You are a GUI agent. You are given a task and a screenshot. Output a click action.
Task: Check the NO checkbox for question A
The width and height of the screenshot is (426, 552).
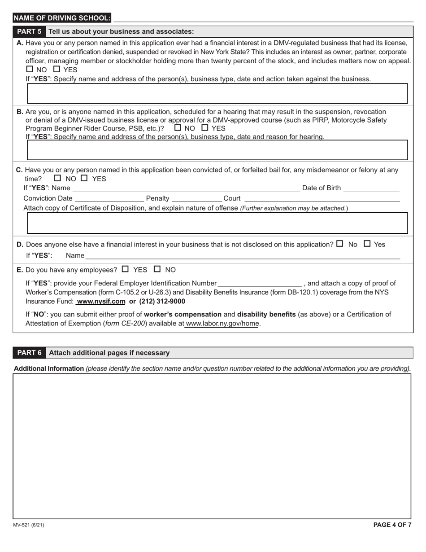(x=30, y=70)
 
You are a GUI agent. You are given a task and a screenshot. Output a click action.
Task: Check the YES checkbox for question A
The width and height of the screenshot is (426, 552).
(x=57, y=70)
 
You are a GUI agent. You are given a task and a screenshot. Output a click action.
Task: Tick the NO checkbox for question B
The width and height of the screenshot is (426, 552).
(x=178, y=127)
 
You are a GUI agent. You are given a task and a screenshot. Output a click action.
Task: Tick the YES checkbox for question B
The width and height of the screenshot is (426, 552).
(x=205, y=127)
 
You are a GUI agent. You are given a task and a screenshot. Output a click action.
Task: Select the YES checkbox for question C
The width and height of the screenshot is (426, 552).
(x=84, y=178)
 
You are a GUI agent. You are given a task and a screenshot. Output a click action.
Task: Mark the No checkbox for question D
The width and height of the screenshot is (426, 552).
(x=339, y=244)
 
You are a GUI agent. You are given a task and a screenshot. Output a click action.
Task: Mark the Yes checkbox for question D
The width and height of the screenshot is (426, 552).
(x=367, y=244)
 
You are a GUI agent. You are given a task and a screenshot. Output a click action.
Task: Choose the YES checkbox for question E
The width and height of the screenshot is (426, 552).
(x=125, y=269)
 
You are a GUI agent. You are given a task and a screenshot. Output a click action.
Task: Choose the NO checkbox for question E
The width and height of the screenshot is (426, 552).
(x=157, y=269)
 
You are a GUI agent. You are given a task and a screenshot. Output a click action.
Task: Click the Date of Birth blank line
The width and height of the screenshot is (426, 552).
(x=371, y=188)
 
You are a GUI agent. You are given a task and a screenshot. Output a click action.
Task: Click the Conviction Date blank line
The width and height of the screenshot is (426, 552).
(x=109, y=198)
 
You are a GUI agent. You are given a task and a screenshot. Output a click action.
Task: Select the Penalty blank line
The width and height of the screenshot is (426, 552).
(x=197, y=198)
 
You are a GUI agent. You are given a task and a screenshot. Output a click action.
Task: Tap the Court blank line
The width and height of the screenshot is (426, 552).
(x=322, y=198)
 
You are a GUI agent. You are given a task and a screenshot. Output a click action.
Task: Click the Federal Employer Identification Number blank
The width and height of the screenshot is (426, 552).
(x=260, y=283)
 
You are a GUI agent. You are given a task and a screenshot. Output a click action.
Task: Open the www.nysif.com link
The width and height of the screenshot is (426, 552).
(x=101, y=302)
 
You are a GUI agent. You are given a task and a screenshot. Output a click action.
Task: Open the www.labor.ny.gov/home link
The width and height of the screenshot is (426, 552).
(x=222, y=323)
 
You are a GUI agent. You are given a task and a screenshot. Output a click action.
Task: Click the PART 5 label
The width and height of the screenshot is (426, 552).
(x=29, y=31)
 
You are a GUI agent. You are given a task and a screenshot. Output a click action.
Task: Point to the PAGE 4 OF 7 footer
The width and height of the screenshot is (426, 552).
(x=392, y=525)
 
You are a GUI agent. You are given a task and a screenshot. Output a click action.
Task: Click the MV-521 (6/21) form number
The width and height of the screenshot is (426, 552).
(x=28, y=525)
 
